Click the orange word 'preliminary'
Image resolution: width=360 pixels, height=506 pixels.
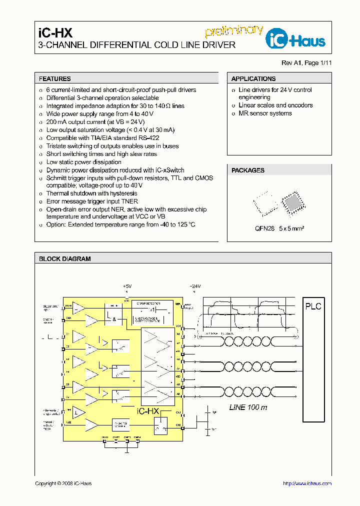tap(234, 31)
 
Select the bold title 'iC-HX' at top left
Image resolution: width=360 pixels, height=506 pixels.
tap(55, 33)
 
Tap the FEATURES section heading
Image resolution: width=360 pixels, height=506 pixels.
tap(55, 79)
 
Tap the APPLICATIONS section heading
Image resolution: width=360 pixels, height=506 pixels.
tap(253, 79)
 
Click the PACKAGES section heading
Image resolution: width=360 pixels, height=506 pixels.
tap(248, 170)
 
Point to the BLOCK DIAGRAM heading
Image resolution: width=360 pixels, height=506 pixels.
tap(65, 259)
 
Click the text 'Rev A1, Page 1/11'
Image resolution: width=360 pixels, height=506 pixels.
tap(306, 63)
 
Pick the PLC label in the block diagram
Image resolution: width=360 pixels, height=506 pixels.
tap(313, 306)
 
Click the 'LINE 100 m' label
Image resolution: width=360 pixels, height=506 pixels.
tap(248, 407)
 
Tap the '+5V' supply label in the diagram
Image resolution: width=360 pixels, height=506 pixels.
tap(127, 286)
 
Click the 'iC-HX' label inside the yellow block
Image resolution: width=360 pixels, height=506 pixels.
tap(147, 411)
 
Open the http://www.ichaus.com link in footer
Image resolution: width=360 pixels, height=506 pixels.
tap(307, 483)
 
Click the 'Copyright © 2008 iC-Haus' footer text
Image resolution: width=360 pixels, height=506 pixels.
tap(63, 483)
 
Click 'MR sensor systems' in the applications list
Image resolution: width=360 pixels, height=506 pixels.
tap(265, 113)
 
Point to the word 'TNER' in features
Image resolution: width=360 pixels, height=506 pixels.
tap(128, 201)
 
